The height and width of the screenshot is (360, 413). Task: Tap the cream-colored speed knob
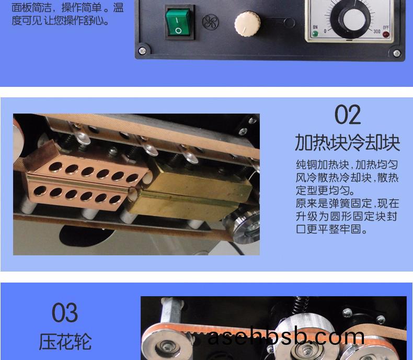point(247,24)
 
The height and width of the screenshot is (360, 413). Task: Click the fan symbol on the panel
point(210,22)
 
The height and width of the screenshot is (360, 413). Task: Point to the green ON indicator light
point(315,33)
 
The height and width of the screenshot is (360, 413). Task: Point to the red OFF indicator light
point(386,34)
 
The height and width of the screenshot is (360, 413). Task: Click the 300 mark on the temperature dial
point(376,31)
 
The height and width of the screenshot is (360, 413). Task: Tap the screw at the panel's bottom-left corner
point(142,50)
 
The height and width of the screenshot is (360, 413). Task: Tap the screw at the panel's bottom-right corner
point(397,53)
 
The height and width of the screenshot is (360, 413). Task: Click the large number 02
point(348,115)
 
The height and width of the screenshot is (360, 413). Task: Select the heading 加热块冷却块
point(348,142)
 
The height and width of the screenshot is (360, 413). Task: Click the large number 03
point(65,312)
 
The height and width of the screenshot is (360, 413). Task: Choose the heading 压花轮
point(65,342)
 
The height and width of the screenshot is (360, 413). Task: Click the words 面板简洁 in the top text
point(31,8)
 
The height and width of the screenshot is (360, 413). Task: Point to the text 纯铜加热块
point(323,165)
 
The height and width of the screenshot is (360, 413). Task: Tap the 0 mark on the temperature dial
point(325,31)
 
